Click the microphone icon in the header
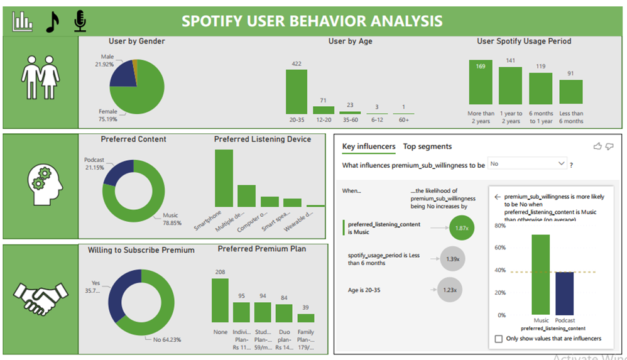[x=80, y=21]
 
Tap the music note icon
[x=53, y=22]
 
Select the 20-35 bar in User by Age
[x=297, y=91]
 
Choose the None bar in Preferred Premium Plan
[x=220, y=300]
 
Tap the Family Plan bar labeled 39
[x=305, y=318]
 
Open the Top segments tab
[x=427, y=146]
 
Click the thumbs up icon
[x=597, y=146]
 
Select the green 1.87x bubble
[x=462, y=227]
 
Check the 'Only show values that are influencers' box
[x=499, y=339]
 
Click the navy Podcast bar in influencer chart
[x=564, y=293]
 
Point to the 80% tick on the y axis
[x=500, y=225]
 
